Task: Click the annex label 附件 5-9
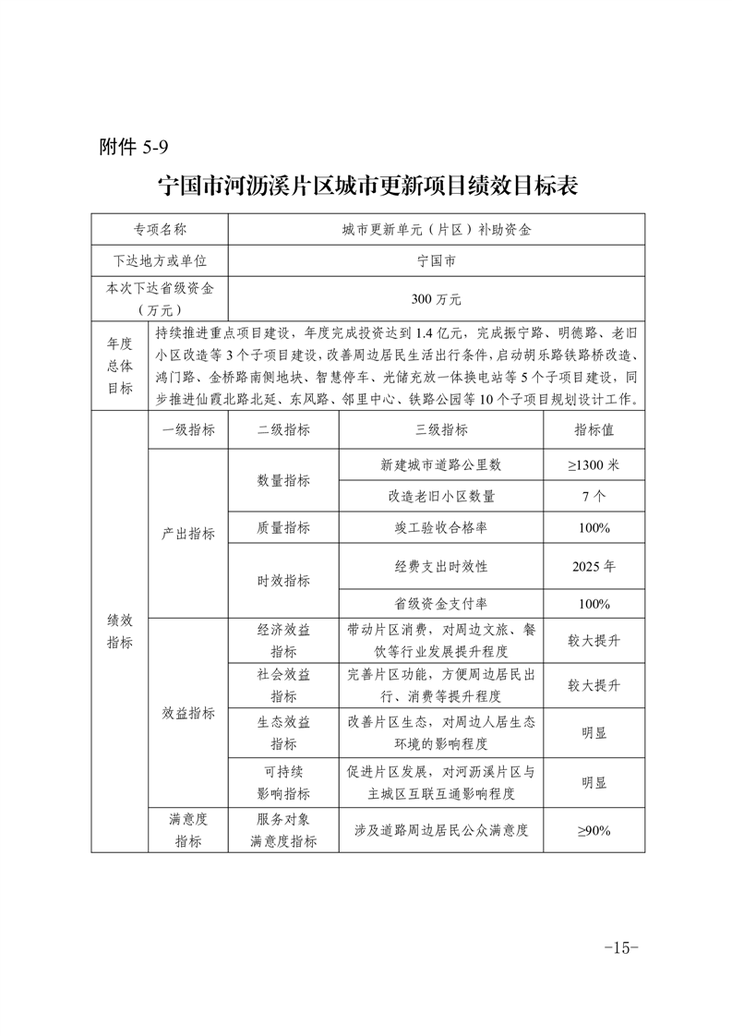pos(133,148)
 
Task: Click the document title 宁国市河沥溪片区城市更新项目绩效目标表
pos(367,186)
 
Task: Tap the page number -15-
pos(620,947)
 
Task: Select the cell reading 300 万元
pos(436,299)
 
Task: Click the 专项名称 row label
pos(160,229)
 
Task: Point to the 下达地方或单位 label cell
pos(160,260)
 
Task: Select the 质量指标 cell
pos(283,527)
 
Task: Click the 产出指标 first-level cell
pos(188,534)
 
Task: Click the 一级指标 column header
pos(188,429)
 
